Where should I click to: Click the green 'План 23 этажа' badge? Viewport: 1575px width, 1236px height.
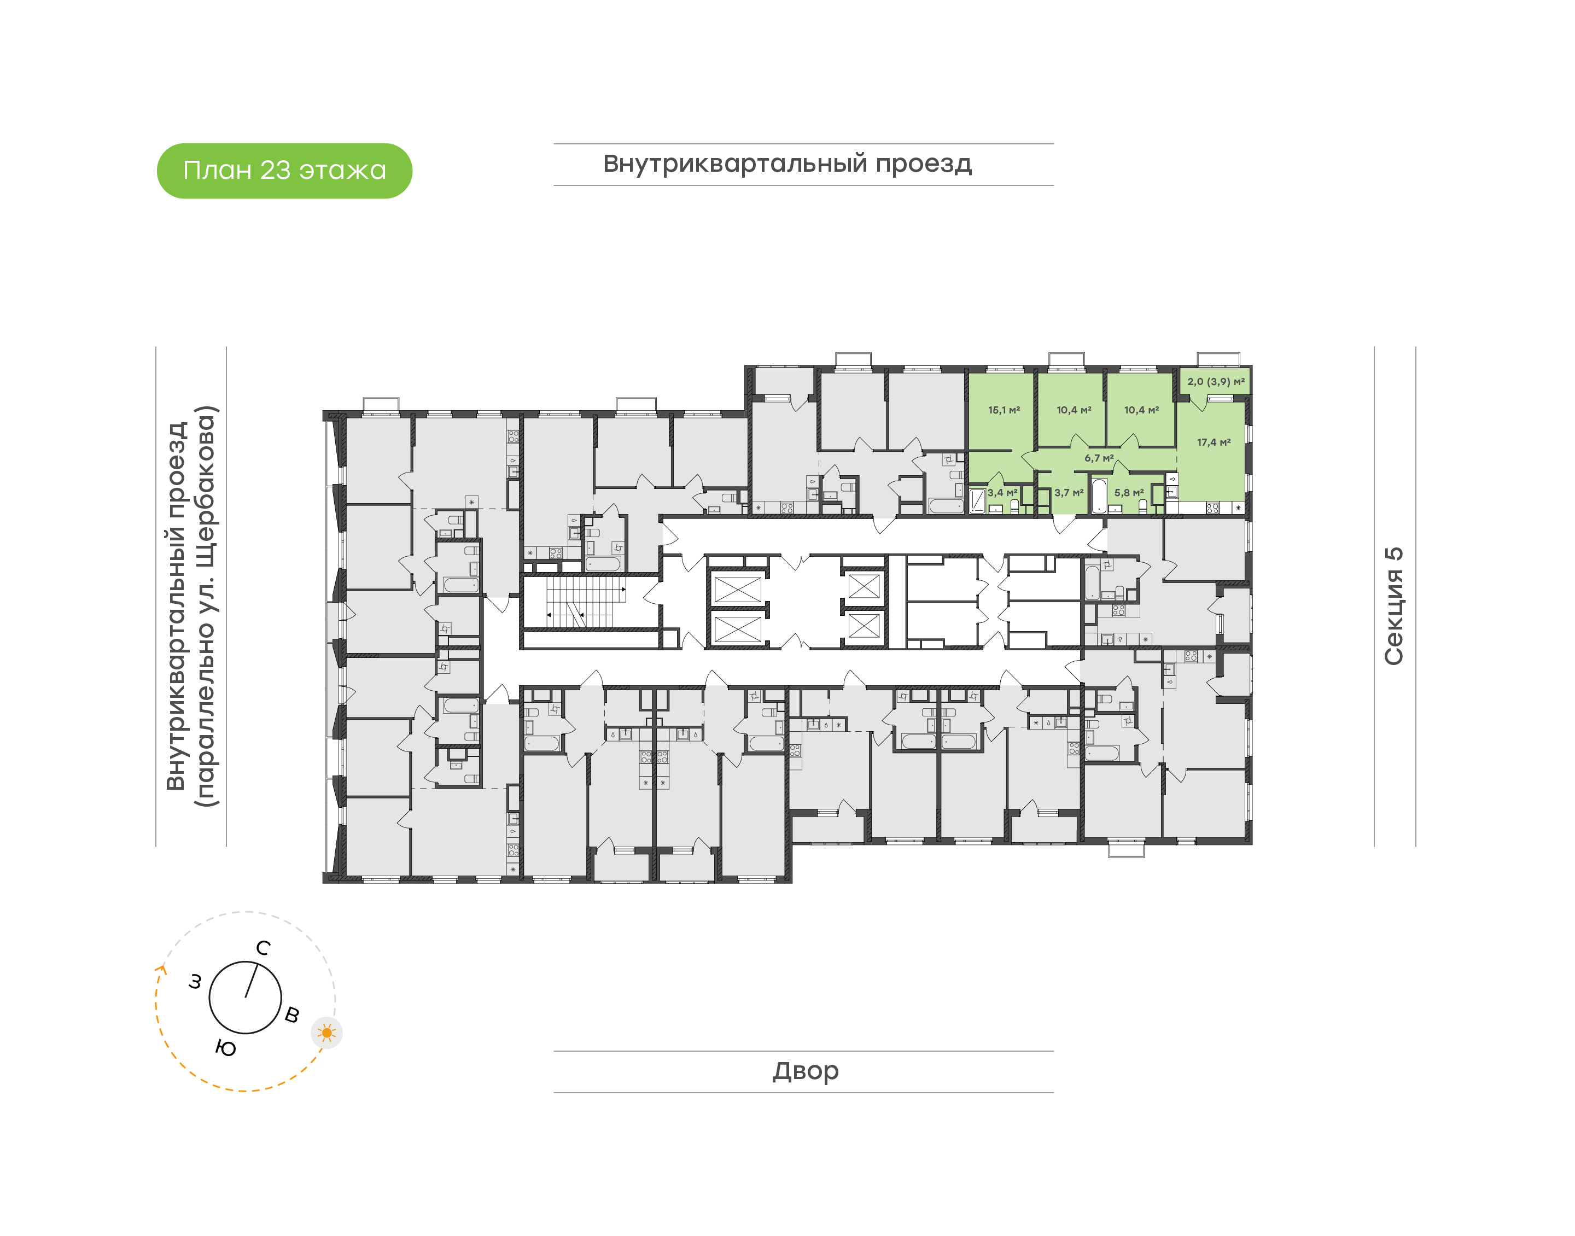(284, 171)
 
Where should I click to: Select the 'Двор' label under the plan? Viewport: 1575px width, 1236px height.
(805, 1070)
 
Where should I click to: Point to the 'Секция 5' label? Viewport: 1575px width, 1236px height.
(1393, 606)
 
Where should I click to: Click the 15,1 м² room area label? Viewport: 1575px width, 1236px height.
(1004, 410)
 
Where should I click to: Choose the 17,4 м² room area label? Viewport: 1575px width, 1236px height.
(1214, 442)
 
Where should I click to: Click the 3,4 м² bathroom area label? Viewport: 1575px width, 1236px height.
(1003, 493)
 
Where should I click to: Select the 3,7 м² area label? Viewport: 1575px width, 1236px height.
(1069, 493)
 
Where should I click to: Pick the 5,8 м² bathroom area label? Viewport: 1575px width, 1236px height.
(1129, 493)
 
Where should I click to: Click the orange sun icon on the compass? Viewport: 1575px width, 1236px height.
(327, 1033)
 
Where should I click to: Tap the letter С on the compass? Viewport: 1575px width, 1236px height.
(264, 948)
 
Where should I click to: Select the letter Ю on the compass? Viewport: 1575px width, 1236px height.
(226, 1048)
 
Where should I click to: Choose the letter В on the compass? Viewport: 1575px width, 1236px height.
(292, 1015)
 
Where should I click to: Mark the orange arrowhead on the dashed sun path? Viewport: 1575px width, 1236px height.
(161, 970)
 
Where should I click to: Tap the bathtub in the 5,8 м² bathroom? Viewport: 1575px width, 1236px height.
(1099, 495)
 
